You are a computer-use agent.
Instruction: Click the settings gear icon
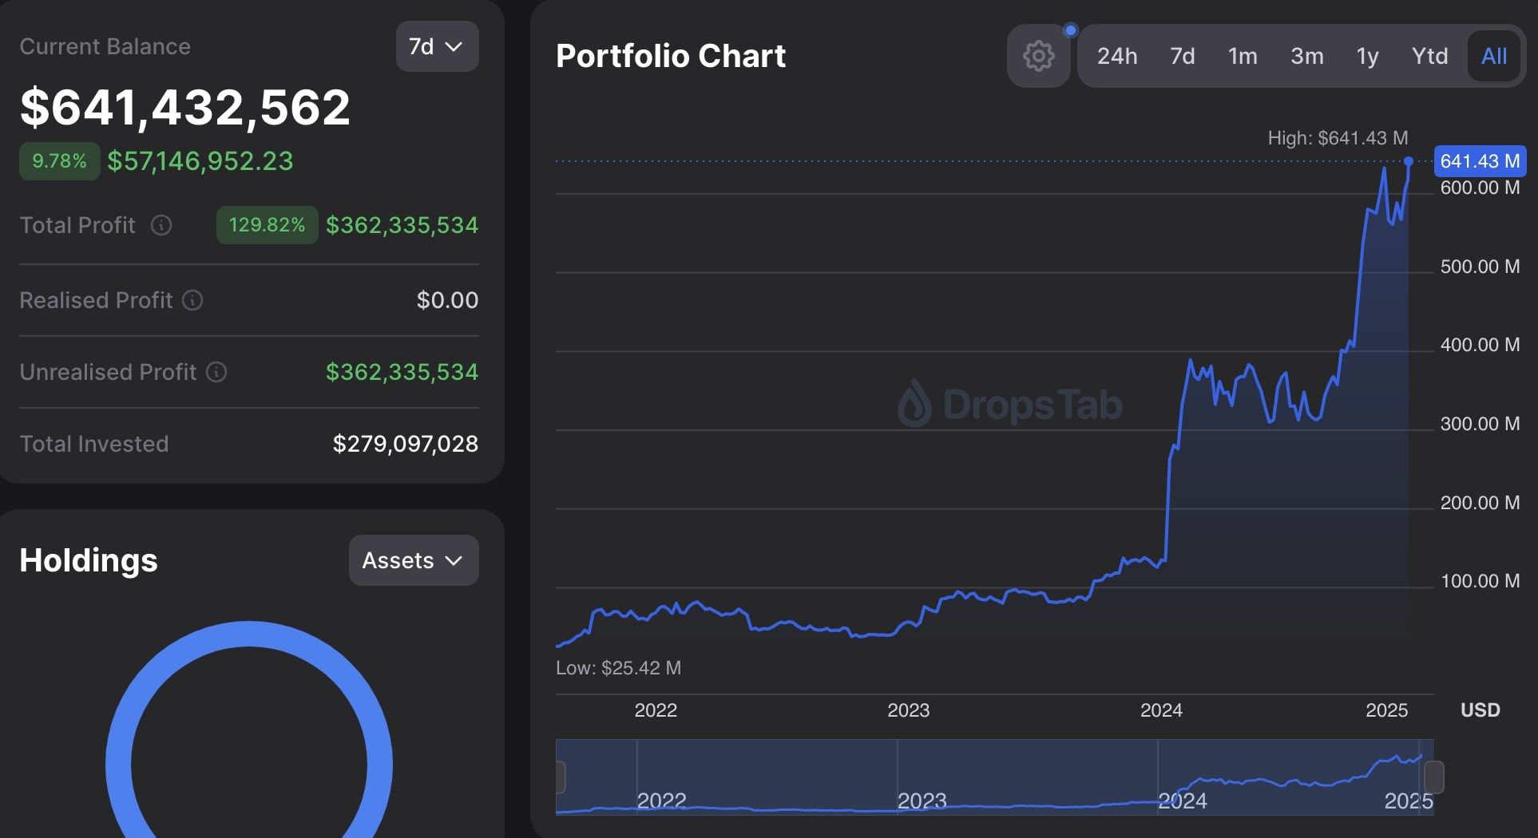1038,56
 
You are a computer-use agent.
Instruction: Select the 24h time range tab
1116,56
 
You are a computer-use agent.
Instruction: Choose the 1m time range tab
1243,56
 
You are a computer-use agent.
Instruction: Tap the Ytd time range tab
1429,56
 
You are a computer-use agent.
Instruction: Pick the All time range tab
1494,56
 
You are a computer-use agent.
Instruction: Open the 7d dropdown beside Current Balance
437,46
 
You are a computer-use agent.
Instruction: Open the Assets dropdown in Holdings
414,560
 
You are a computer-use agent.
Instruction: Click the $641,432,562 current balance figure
185,107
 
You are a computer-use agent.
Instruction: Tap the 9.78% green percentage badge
59,161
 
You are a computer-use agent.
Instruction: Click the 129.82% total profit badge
267,225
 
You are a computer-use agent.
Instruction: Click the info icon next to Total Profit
161,225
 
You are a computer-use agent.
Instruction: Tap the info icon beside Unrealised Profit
216,372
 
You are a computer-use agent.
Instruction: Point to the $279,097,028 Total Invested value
406,444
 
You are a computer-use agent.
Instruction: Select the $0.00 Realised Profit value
447,300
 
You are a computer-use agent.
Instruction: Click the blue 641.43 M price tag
1480,161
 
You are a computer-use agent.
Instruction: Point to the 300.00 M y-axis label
1480,424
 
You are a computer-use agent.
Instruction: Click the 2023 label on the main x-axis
908,710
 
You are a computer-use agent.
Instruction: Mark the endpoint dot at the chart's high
1409,161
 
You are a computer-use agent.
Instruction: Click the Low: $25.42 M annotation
618,668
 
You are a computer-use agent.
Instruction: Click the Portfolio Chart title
671,56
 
